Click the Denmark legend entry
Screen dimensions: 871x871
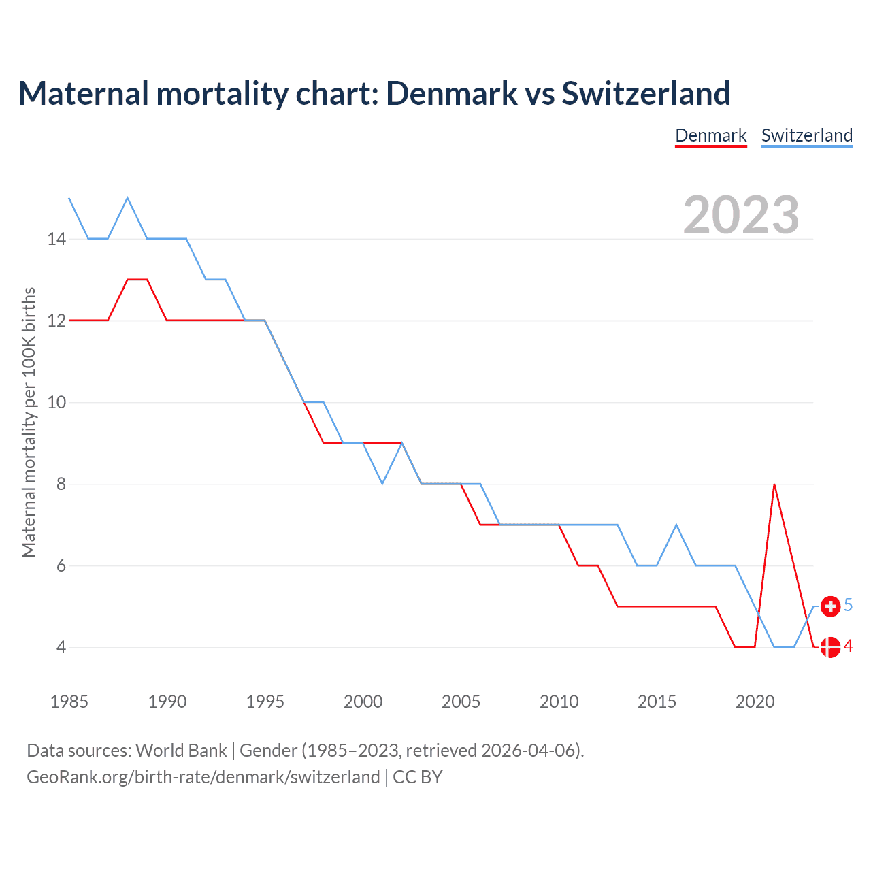click(x=711, y=135)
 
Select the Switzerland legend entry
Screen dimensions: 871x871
click(x=807, y=135)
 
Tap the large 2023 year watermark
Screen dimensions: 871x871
click(x=741, y=215)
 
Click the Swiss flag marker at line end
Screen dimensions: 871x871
click(x=830, y=606)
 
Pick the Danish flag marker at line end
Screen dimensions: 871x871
click(x=830, y=647)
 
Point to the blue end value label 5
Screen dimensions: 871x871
click(x=849, y=605)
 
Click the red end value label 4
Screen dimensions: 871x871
click(x=849, y=646)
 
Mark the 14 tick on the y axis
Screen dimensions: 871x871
click(x=56, y=239)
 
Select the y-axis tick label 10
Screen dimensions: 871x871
click(x=56, y=402)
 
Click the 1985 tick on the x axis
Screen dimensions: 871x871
click(x=69, y=702)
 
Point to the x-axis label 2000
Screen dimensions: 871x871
click(x=363, y=702)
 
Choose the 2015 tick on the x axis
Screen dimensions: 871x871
click(x=657, y=702)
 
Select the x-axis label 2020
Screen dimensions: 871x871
click(x=755, y=702)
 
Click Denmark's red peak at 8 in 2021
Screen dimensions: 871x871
click(x=774, y=484)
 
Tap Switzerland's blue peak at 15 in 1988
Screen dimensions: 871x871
click(x=127, y=198)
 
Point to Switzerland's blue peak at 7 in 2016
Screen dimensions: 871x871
click(x=676, y=525)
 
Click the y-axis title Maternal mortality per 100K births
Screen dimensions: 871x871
click(x=29, y=422)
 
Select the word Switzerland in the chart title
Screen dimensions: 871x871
click(x=646, y=93)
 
